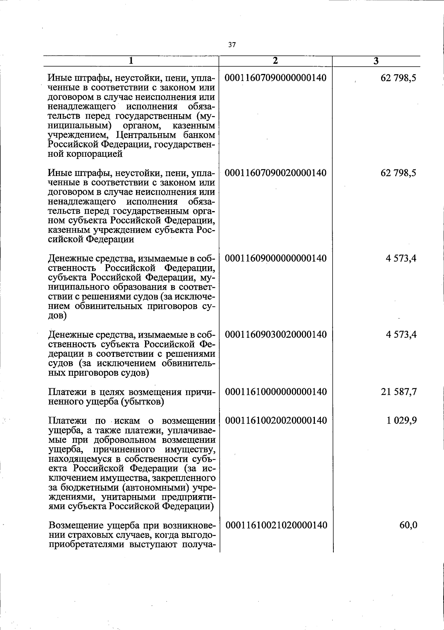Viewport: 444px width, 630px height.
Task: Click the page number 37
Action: point(232,45)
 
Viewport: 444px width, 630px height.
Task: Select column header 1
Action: point(131,61)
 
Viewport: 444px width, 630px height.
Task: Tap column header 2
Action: point(275,61)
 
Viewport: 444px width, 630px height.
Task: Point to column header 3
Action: point(376,61)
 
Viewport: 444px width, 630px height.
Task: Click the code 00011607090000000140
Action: point(276,78)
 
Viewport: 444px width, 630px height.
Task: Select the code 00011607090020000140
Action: point(276,173)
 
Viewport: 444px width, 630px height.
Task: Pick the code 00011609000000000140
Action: point(276,258)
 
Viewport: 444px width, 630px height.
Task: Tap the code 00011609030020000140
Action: point(276,335)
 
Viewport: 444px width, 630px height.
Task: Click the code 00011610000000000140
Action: point(276,392)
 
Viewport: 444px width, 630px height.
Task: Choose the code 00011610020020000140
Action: point(276,420)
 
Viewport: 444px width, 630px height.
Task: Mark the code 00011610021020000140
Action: point(276,525)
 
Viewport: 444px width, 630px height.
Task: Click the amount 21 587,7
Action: point(399,392)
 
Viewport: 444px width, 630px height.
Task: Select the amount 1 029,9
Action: point(402,420)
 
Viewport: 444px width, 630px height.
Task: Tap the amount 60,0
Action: point(408,525)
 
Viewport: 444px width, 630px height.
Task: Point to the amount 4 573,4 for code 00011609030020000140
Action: point(401,335)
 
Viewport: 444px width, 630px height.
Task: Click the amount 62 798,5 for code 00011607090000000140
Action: point(398,78)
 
